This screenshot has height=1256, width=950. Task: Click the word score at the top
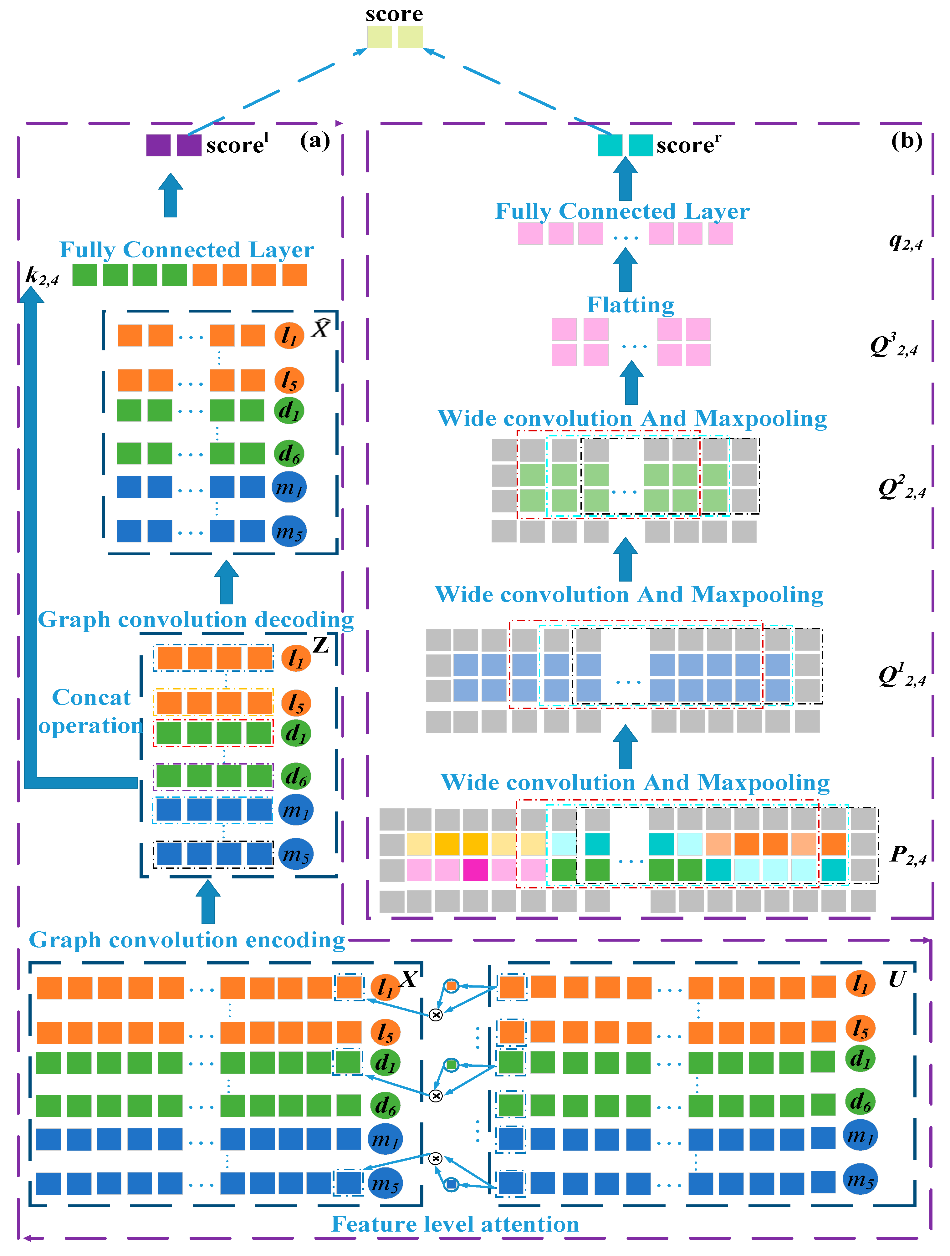[394, 14]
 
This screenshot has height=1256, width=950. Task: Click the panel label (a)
[314, 140]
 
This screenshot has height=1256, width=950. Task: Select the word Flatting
[630, 305]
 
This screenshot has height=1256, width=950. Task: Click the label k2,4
[42, 276]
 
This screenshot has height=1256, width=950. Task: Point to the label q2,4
[906, 242]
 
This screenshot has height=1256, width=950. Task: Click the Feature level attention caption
[455, 1224]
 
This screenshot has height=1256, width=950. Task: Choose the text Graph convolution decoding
[196, 619]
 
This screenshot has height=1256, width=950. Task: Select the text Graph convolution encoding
[187, 940]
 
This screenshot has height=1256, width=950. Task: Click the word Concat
[91, 697]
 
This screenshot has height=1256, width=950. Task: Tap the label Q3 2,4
[894, 346]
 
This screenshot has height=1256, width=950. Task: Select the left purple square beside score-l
[158, 145]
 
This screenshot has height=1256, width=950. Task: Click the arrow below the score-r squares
[625, 179]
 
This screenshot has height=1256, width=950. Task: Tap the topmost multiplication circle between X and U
[436, 1015]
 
